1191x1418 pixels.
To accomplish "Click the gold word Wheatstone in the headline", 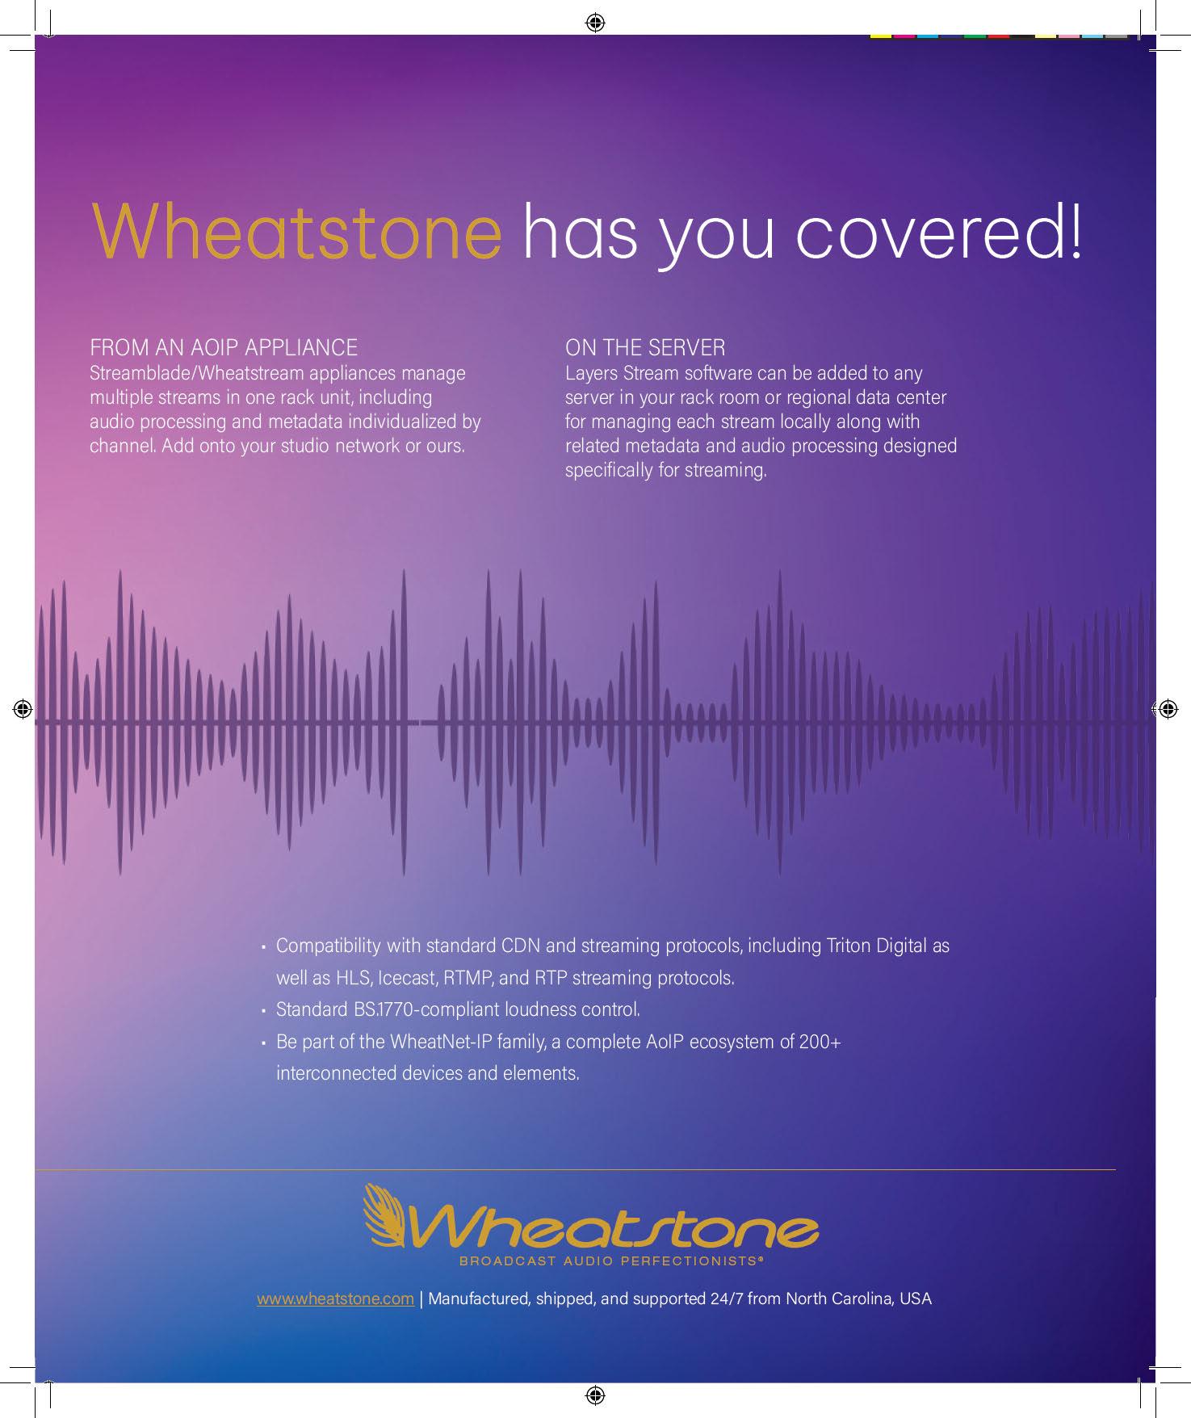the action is tap(297, 231).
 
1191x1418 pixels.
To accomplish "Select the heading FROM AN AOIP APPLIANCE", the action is tap(224, 348).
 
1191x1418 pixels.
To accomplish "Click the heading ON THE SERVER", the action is tap(645, 348).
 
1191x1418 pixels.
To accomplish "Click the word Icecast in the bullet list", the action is tap(408, 978).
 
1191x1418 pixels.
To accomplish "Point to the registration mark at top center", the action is tap(595, 22).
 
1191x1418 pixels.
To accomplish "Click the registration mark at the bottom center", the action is tap(595, 1395).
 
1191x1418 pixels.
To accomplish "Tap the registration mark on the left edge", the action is tap(23, 709).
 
